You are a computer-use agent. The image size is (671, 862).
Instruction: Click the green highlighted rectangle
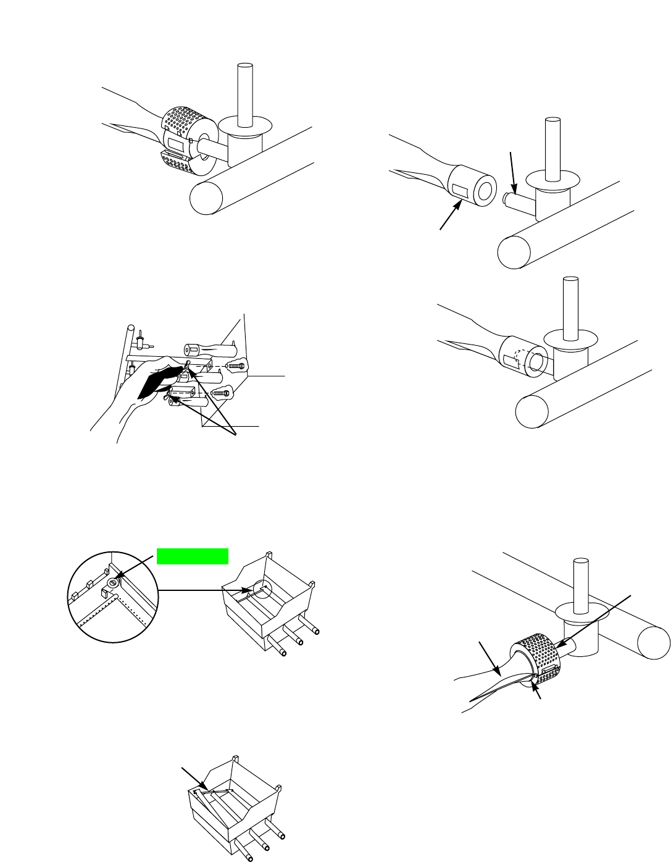click(x=193, y=556)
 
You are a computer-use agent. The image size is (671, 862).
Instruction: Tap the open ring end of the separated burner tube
click(x=485, y=192)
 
